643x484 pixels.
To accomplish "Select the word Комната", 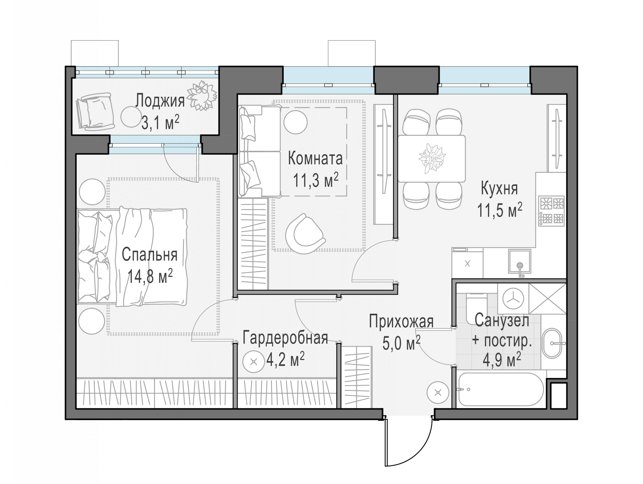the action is pyautogui.click(x=315, y=159).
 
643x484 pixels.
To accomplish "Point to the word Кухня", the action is pyautogui.click(x=499, y=189).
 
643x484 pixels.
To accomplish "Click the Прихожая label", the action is pyautogui.click(x=401, y=322).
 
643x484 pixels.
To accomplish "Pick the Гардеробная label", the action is pyautogui.click(x=285, y=338).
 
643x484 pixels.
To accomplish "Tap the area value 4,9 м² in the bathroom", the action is pyautogui.click(x=502, y=361).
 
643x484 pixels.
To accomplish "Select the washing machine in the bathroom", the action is pyautogui.click(x=513, y=298).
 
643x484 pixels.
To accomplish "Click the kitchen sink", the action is pyautogui.click(x=519, y=261).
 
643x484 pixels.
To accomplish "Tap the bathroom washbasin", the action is pyautogui.click(x=553, y=343).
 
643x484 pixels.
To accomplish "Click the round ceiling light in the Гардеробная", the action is pyautogui.click(x=254, y=362).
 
